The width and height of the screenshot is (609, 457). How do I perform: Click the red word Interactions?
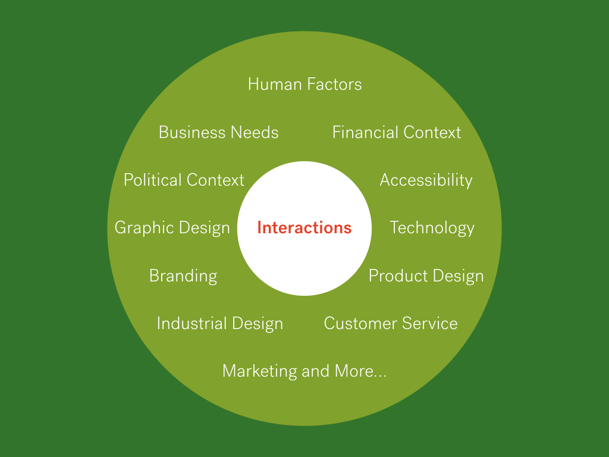pyautogui.click(x=304, y=228)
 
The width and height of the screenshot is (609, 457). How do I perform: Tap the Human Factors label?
pyautogui.click(x=304, y=84)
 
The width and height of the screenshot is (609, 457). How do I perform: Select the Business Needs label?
pyautogui.click(x=218, y=132)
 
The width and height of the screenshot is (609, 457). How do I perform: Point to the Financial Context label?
pyautogui.click(x=396, y=132)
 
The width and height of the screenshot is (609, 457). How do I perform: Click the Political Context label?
pyautogui.click(x=184, y=180)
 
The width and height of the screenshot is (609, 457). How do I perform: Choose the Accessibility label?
pyautogui.click(x=426, y=180)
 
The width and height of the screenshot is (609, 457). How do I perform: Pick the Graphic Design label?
pyautogui.click(x=172, y=228)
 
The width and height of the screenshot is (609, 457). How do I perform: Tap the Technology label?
pyautogui.click(x=432, y=228)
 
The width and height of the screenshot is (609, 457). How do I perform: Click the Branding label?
pyautogui.click(x=183, y=276)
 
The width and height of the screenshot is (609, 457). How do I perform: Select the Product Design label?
pyautogui.click(x=426, y=276)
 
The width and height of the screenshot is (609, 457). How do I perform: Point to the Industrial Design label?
pyautogui.click(x=219, y=324)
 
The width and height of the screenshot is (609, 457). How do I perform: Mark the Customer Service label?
pyautogui.click(x=391, y=324)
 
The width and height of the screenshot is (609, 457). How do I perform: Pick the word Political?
pyautogui.click(x=152, y=180)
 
